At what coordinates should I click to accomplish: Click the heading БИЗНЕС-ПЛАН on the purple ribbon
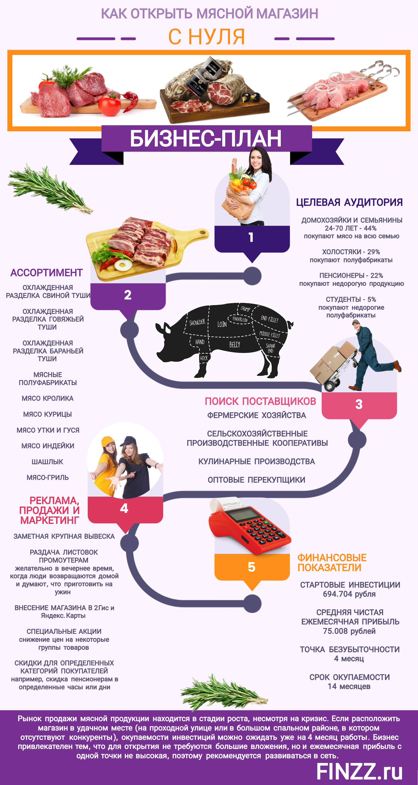206,139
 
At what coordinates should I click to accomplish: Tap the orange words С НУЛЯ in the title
207,37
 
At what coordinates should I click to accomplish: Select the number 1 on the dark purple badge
251,237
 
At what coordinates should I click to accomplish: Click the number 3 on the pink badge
359,404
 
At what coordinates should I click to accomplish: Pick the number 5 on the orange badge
252,567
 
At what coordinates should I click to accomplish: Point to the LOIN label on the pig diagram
222,324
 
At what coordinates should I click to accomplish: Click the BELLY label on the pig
235,345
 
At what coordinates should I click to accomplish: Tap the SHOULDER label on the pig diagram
197,322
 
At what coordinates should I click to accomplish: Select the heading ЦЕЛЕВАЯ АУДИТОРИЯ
350,202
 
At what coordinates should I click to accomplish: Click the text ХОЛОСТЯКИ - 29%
351,252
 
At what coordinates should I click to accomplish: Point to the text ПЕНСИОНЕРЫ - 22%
351,275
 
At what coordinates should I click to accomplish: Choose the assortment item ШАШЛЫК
47,462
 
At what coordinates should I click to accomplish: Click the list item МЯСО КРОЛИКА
48,398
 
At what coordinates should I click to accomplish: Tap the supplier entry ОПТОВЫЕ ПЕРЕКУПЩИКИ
256,480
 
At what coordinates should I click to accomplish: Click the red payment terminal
249,527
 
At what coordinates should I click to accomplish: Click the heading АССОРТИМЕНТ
47,273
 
